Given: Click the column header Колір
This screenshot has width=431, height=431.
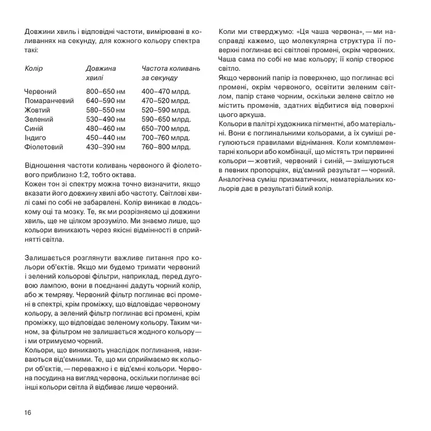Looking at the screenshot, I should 34,68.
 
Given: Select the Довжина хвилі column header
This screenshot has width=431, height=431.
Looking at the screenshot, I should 101,73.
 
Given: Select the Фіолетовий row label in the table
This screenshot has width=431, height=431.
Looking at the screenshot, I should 43,147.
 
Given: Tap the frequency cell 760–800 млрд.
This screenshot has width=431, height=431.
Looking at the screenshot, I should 166,147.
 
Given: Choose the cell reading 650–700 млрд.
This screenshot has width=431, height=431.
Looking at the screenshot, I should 166,129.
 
